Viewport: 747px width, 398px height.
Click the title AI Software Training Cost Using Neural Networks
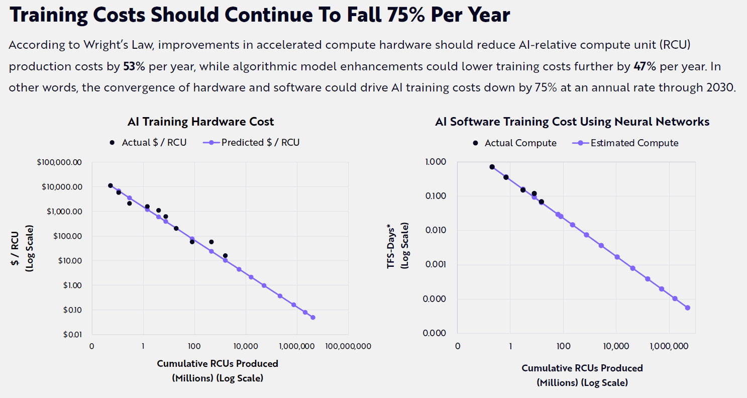tap(572, 121)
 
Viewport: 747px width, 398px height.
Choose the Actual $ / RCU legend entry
tap(149, 142)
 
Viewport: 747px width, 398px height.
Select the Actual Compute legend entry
tap(515, 143)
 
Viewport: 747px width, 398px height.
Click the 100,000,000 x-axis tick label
tap(348, 346)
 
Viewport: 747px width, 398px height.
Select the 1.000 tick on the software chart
tap(436, 162)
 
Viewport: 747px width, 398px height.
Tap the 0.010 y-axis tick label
tap(436, 230)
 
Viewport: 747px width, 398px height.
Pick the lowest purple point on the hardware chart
tap(312, 317)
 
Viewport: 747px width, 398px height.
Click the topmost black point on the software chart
tap(492, 167)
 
